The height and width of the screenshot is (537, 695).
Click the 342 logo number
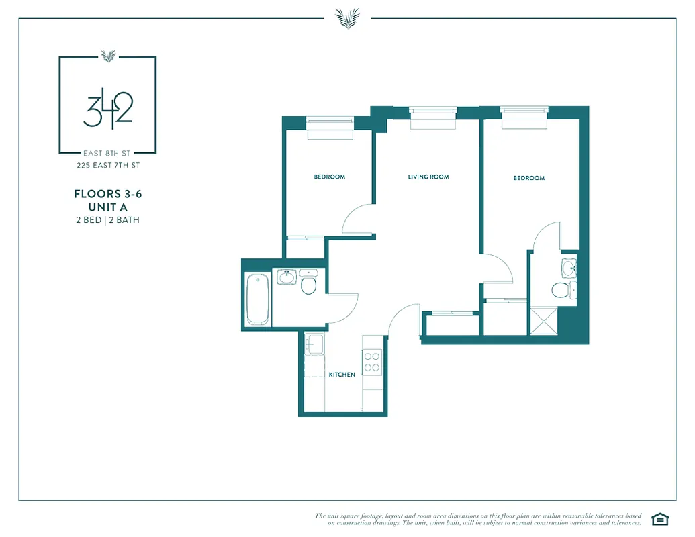coord(107,111)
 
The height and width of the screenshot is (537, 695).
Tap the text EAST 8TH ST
coord(107,152)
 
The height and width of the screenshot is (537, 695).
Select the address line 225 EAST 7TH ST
coord(107,165)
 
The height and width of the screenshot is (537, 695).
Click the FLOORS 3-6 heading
coord(107,194)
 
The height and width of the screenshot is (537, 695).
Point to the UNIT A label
coord(107,207)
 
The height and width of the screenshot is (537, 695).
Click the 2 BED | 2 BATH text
coord(107,219)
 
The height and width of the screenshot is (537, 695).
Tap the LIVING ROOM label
coord(428,177)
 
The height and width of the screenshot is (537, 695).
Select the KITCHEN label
coord(342,375)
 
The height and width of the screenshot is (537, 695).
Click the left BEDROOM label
coord(329,177)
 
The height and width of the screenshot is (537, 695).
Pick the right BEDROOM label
coord(528,178)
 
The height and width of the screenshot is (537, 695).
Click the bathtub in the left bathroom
coord(258,299)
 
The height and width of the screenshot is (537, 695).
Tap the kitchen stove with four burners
coord(371,362)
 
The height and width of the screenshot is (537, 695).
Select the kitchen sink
coord(314,344)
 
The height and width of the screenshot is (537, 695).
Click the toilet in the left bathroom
coord(309,284)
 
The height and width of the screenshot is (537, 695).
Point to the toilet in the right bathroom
coord(560,290)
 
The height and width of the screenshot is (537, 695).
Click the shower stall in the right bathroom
coord(543,320)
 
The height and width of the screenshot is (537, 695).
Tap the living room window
coord(433,117)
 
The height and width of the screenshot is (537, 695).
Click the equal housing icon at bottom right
coord(660,518)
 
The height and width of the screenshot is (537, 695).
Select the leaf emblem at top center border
coord(347,17)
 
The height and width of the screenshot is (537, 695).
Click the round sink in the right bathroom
coord(569,269)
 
